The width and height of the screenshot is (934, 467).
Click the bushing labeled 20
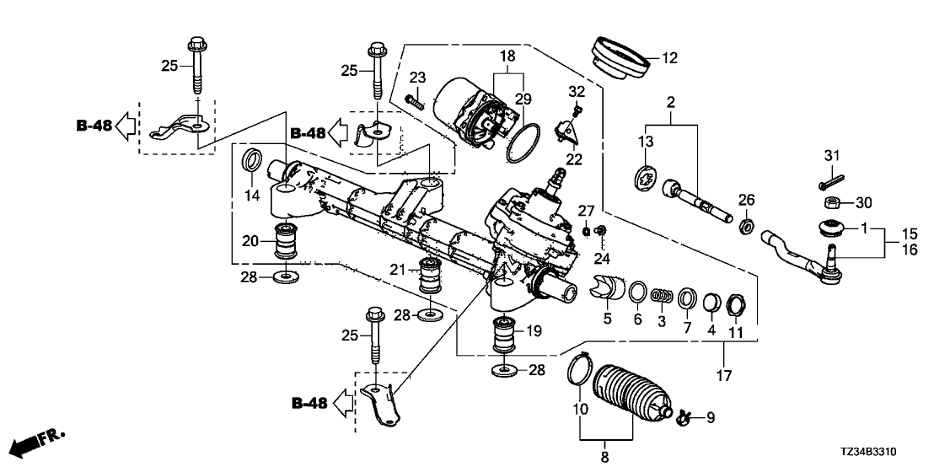point(286,241)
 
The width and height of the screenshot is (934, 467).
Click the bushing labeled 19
point(506,335)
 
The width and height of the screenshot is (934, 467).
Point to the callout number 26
point(746,200)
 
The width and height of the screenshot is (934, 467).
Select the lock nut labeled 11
point(733,301)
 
